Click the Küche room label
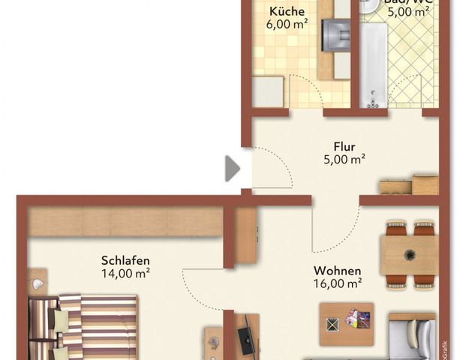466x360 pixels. pyautogui.click(x=287, y=11)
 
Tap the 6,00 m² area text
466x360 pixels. pyautogui.click(x=287, y=24)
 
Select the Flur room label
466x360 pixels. pyautogui.click(x=344, y=146)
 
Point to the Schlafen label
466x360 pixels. pyautogui.click(x=125, y=260)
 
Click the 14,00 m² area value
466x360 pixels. pyautogui.click(x=125, y=273)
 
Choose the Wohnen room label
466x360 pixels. pyautogui.click(x=337, y=271)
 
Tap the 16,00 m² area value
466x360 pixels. pyautogui.click(x=337, y=283)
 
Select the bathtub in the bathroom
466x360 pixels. pyautogui.click(x=372, y=64)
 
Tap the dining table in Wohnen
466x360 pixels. pyautogui.click(x=409, y=255)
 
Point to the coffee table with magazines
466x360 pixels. pyautogui.click(x=346, y=323)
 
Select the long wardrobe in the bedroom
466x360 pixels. pyautogui.click(x=126, y=222)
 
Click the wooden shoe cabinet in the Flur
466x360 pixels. pyautogui.click(x=408, y=185)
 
